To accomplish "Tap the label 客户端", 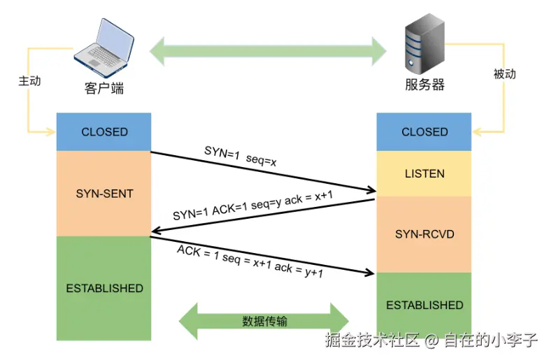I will pyautogui.click(x=104, y=88).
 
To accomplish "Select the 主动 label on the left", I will pyautogui.click(x=29, y=81).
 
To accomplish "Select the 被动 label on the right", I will pyautogui.click(x=504, y=74).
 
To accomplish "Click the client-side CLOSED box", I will pyautogui.click(x=104, y=131).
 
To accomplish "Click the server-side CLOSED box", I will pyautogui.click(x=425, y=131).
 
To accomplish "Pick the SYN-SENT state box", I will pyautogui.click(x=104, y=193).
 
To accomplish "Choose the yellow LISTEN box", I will pyautogui.click(x=425, y=173).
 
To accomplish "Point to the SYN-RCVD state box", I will pyautogui.click(x=425, y=234).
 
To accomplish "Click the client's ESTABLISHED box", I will pyautogui.click(x=104, y=288).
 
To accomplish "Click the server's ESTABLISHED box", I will pyautogui.click(x=425, y=305).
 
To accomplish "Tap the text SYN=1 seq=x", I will pyautogui.click(x=241, y=156).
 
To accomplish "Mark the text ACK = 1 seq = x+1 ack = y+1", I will pyautogui.click(x=250, y=261).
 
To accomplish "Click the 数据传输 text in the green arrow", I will pyautogui.click(x=264, y=322).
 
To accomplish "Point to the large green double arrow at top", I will pyautogui.click(x=269, y=50).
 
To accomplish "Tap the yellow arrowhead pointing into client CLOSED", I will pyautogui.click(x=51, y=131).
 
